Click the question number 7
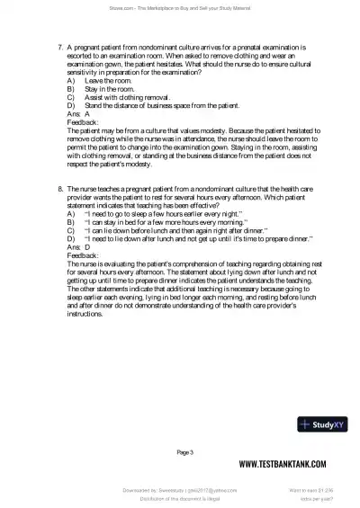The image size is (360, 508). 58,43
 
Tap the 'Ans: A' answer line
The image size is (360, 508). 78,114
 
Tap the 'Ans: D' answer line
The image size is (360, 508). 78,245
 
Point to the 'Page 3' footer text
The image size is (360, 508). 185,450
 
